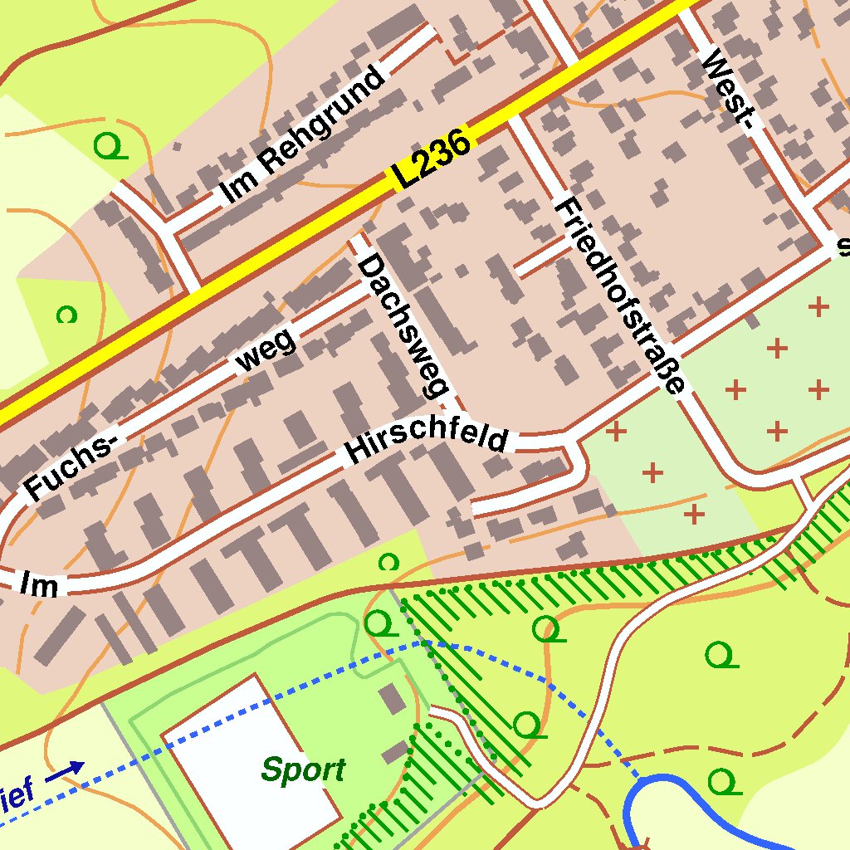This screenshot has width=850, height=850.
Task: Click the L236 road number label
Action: tap(432, 158)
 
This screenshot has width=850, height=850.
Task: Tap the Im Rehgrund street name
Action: tap(304, 135)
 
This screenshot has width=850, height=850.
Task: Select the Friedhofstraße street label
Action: tap(621, 295)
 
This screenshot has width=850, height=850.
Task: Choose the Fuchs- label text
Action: tap(70, 469)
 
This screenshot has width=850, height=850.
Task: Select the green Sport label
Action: tap(303, 770)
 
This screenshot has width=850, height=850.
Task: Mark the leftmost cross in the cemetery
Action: tap(616, 431)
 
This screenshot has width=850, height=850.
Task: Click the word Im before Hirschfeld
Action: tap(40, 584)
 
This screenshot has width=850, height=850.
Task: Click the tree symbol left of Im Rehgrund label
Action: tap(110, 148)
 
